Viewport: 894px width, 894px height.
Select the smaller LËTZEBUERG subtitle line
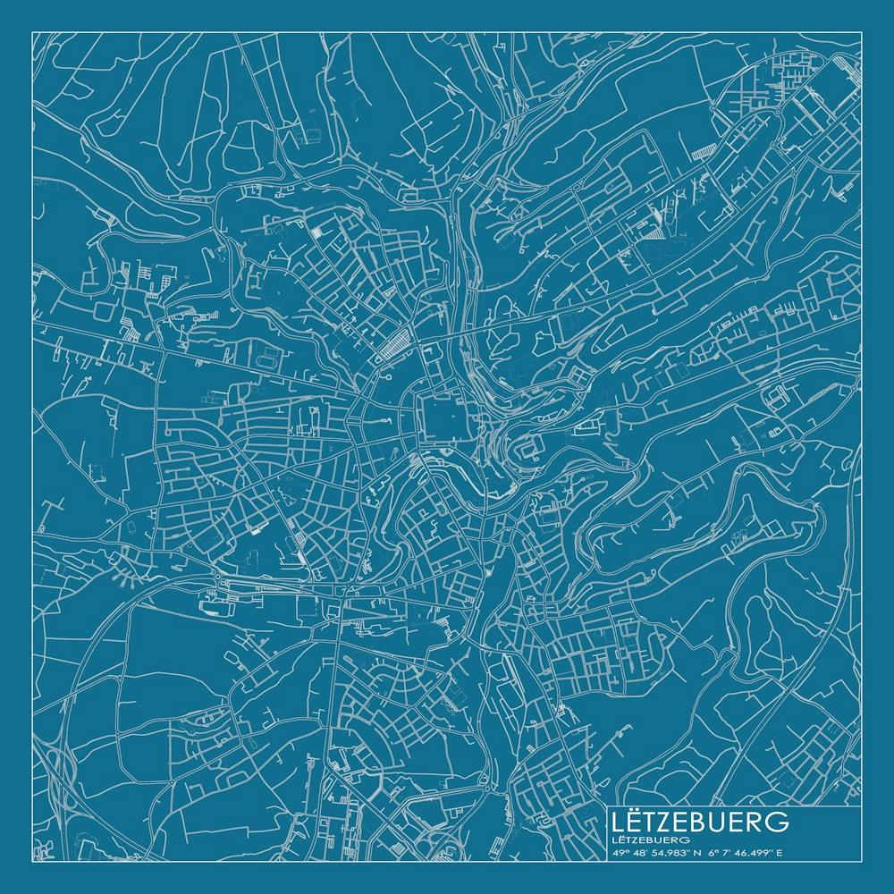click(x=651, y=839)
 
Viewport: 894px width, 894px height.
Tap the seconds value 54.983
click(x=664, y=852)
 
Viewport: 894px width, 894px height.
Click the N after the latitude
click(x=691, y=852)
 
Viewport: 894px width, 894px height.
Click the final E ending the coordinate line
click(x=780, y=852)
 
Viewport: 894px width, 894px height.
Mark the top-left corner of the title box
click(x=607, y=806)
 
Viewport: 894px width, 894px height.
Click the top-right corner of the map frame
click(x=861, y=32)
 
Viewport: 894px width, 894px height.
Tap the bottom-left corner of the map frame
click(x=32, y=861)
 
